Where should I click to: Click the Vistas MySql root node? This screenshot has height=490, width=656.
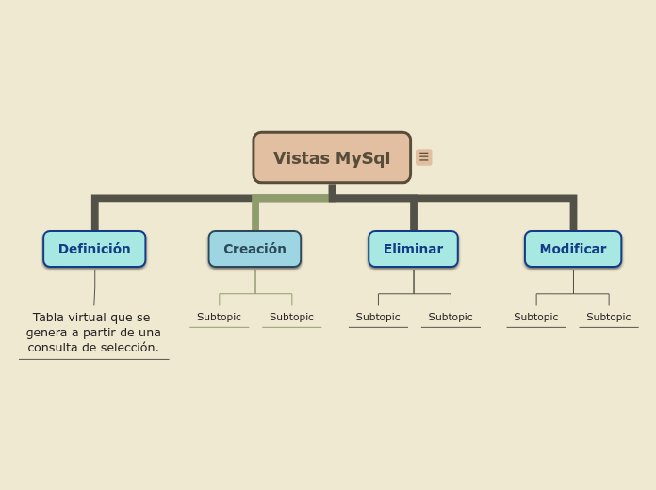coord(332,157)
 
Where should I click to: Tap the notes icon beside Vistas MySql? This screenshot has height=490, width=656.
coord(424,157)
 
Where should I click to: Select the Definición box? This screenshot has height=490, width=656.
coord(94,249)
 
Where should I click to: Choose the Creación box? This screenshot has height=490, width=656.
coord(254,249)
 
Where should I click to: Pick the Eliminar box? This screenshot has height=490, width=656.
coord(413,249)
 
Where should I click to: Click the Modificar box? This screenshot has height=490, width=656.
coord(572,249)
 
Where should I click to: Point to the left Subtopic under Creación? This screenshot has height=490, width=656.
coord(219,317)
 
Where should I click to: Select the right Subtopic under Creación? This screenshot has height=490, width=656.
coord(291,317)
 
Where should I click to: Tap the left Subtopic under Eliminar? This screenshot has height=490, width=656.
coord(378,317)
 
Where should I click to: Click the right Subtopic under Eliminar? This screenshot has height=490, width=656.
coord(451,317)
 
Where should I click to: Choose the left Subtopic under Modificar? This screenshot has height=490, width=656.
coord(535,317)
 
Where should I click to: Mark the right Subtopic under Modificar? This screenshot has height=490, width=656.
coord(608,317)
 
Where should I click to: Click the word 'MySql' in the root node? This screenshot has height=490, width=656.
coord(363,158)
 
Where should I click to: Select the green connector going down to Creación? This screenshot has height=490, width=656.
coord(255,215)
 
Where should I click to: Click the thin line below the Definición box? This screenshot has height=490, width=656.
coord(94,286)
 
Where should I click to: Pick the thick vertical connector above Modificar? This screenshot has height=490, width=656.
coord(573,215)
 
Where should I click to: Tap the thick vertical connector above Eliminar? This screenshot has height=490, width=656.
coord(414,215)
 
